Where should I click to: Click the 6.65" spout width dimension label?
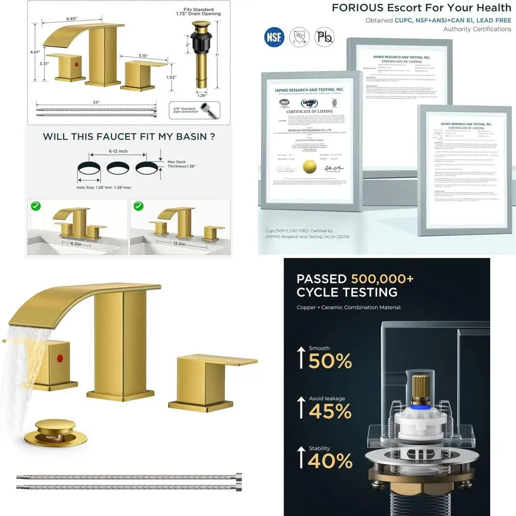(x=72, y=19)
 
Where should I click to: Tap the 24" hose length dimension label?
(x=96, y=102)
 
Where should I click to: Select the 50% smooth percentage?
(x=330, y=361)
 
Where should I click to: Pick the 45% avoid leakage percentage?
(x=330, y=411)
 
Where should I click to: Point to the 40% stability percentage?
(x=330, y=461)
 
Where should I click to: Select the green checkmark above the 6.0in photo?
(x=36, y=206)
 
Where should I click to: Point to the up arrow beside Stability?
(x=301, y=458)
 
